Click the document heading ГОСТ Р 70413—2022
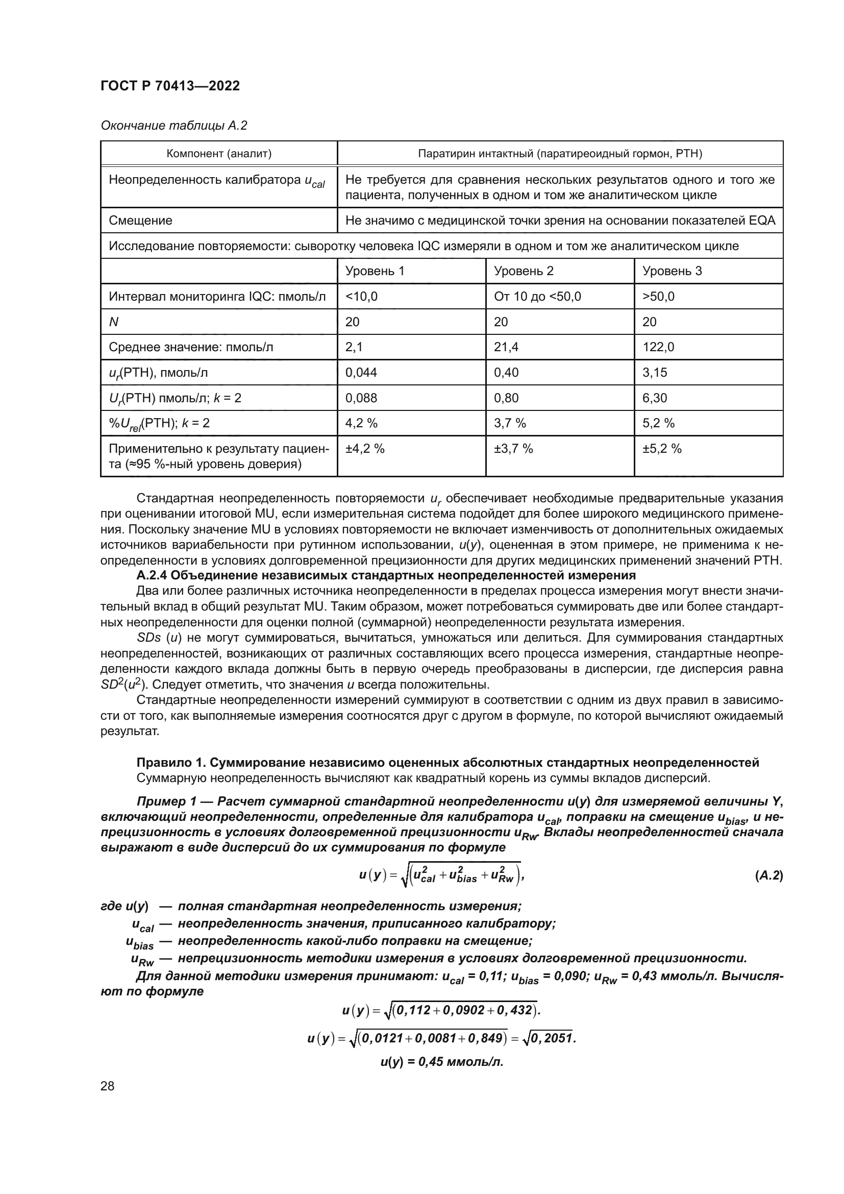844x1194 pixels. tap(170, 86)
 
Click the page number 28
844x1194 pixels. tap(107, 1086)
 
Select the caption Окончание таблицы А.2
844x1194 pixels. tap(173, 126)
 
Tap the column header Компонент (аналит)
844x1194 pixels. tap(219, 154)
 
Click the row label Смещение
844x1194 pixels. tap(140, 221)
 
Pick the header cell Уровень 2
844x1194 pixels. tap(524, 271)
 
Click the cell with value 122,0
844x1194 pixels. tap(658, 347)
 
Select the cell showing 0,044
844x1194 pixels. tap(361, 372)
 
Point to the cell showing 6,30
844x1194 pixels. tap(654, 398)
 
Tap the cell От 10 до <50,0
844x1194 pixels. tap(537, 297)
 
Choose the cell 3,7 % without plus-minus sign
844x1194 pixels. tap(510, 423)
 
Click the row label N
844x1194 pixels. tap(114, 322)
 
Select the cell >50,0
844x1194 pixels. tap(658, 297)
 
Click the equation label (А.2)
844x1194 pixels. tap(768, 875)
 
